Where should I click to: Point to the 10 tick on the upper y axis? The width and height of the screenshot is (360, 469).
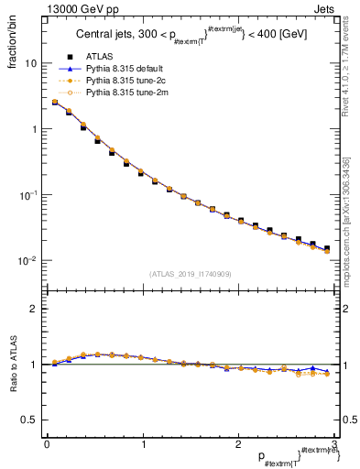point(30,64)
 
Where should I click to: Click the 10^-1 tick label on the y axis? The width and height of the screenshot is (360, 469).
point(28,195)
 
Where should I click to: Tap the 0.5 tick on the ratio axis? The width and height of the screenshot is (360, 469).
point(29,420)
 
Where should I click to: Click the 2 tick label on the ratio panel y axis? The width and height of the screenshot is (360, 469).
point(33,309)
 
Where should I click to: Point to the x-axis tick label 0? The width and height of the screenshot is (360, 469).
point(47,444)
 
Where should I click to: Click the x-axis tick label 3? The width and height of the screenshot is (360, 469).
point(335,444)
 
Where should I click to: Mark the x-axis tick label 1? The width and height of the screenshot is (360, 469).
point(143,444)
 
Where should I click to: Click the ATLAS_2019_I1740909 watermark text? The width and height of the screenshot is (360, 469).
point(191,274)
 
